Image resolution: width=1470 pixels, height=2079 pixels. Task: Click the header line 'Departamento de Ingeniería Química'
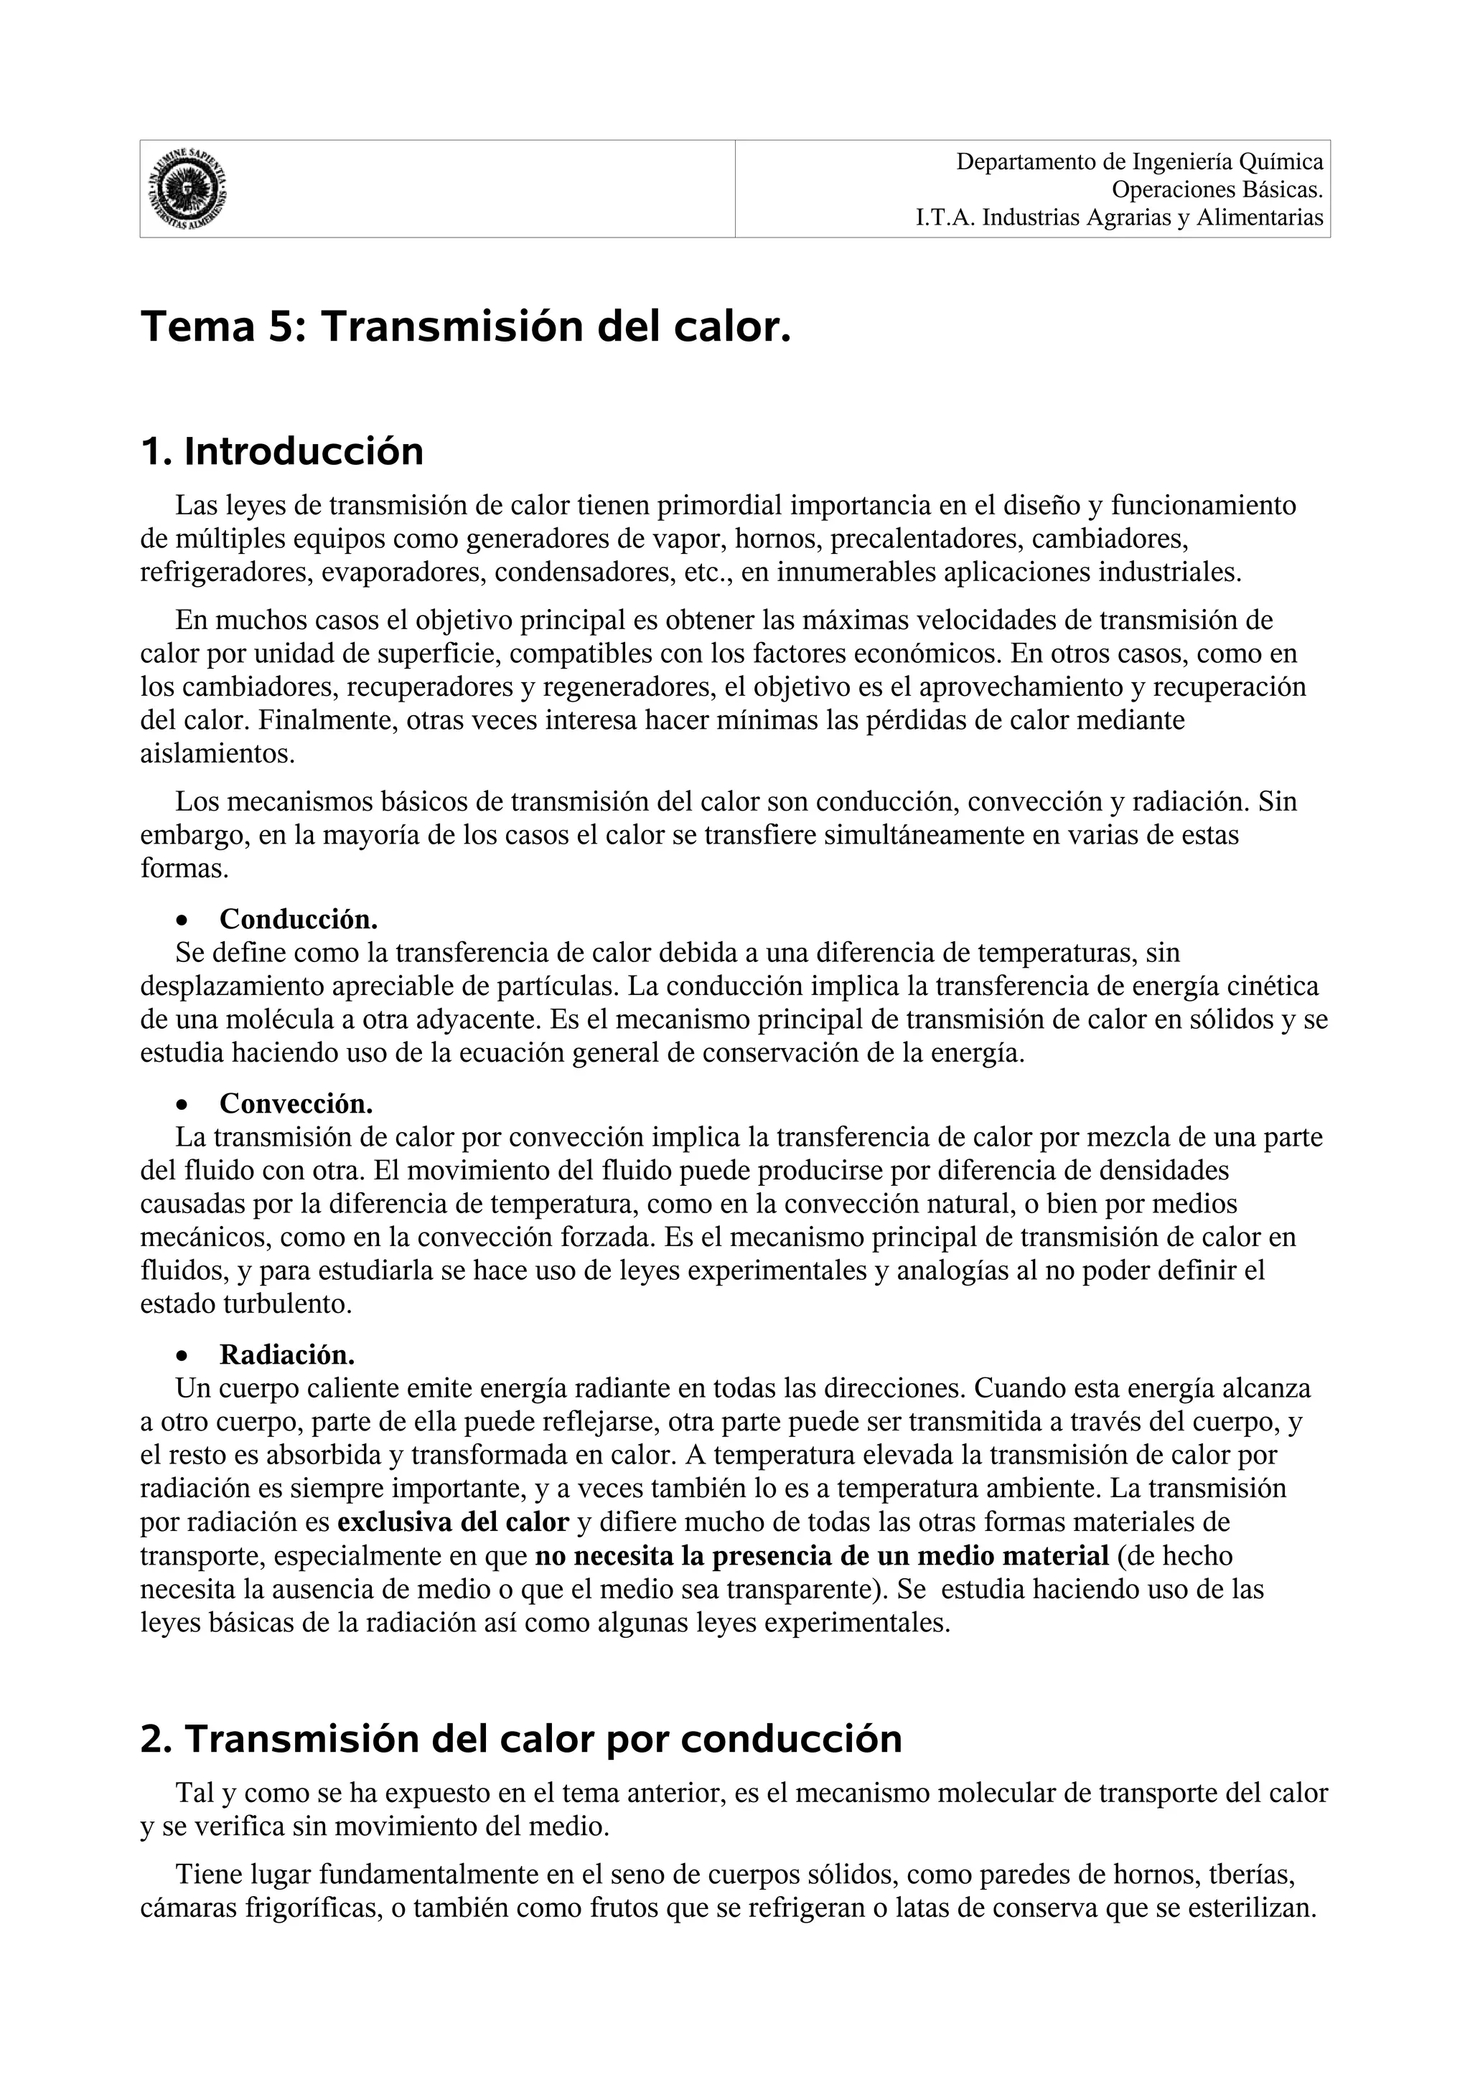click(1139, 162)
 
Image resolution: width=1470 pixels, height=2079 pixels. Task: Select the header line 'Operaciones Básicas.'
click(1217, 190)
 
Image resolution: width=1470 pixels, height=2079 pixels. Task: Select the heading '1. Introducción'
click(281, 452)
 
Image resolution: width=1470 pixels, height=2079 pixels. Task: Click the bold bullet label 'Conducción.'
click(298, 919)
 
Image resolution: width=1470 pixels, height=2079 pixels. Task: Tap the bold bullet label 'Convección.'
click(296, 1104)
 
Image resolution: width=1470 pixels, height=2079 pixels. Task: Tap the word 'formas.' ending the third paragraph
click(184, 869)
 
